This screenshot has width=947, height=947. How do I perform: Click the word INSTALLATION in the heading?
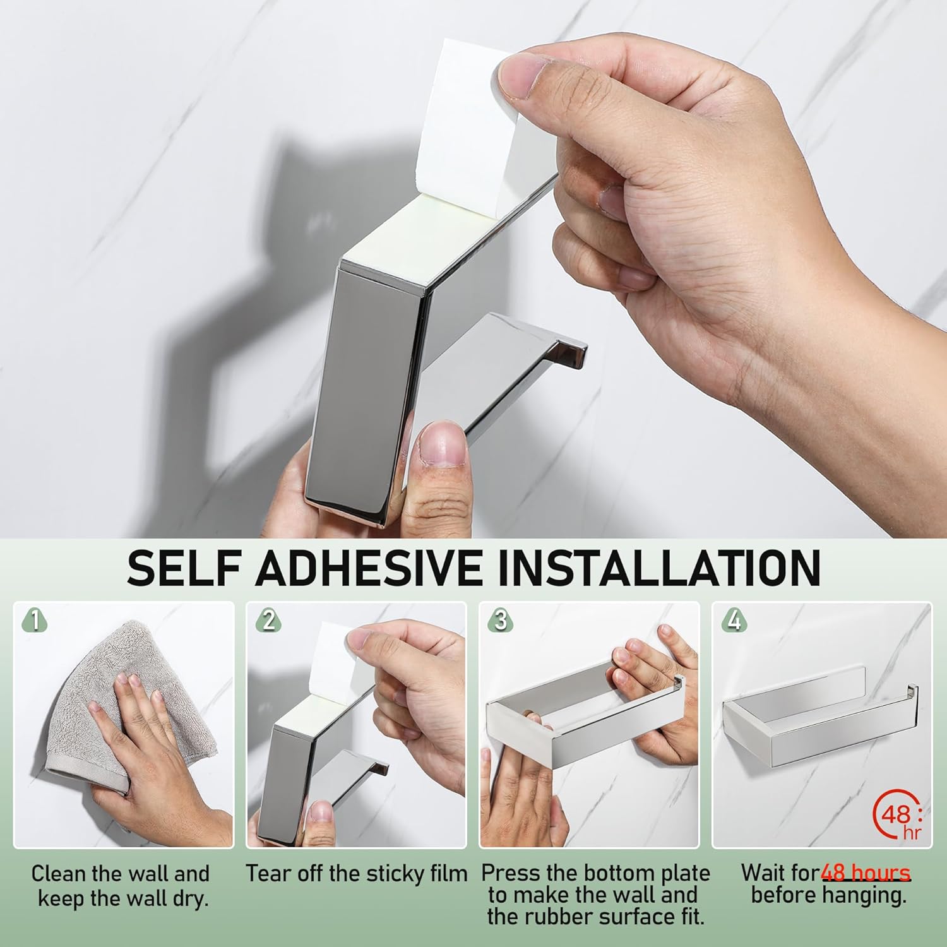click(x=659, y=568)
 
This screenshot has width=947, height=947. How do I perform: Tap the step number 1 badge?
click(x=35, y=621)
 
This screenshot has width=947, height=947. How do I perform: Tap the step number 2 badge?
click(x=269, y=621)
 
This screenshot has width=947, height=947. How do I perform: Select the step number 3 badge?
click(x=501, y=621)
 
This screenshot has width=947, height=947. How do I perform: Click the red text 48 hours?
click(x=866, y=873)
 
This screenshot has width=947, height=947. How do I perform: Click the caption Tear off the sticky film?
click(x=356, y=874)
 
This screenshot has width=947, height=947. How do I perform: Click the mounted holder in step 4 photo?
click(x=821, y=726)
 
